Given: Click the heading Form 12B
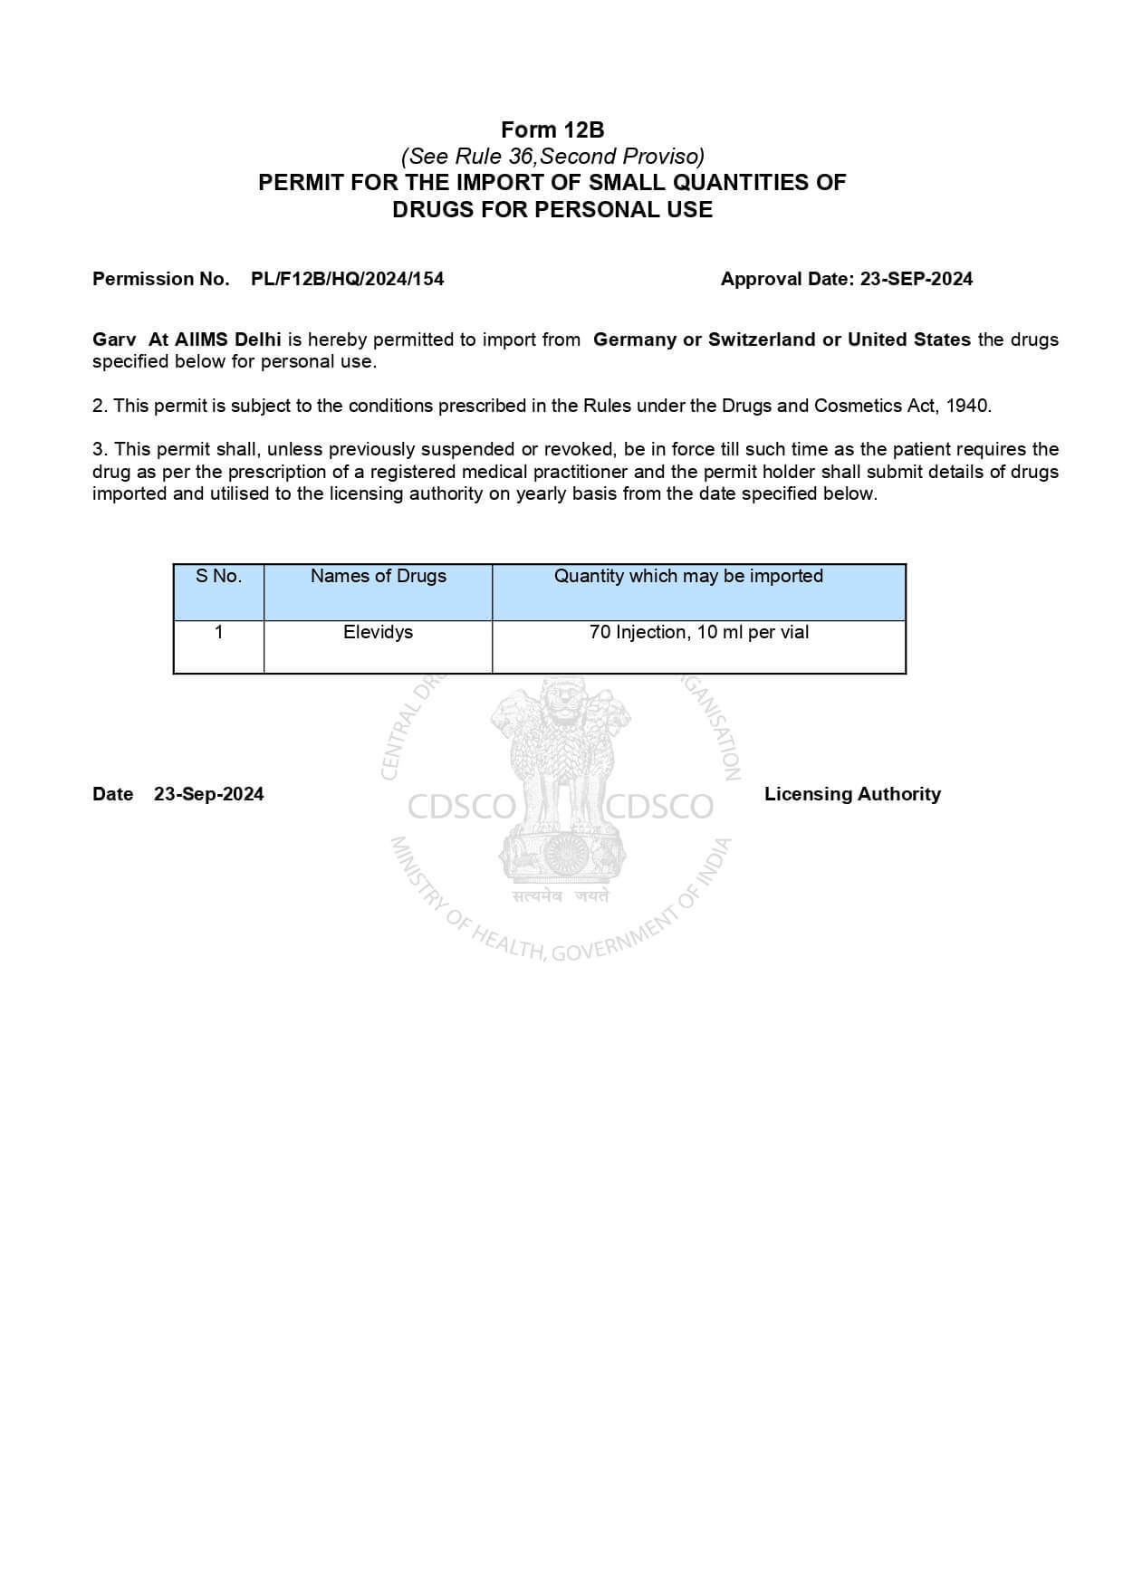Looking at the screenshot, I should click(x=552, y=130).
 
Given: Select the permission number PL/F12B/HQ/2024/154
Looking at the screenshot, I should click(x=347, y=279).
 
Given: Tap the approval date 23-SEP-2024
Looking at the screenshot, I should click(x=916, y=279).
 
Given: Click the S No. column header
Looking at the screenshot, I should click(x=218, y=576).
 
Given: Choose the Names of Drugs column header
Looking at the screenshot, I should click(x=378, y=576).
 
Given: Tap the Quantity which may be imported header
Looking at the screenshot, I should click(x=688, y=576).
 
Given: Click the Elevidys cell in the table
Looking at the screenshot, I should click(x=378, y=632).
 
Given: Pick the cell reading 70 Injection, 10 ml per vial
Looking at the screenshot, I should click(x=698, y=632).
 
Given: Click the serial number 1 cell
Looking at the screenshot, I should click(x=218, y=632).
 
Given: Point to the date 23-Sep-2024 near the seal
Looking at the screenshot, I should click(x=208, y=794).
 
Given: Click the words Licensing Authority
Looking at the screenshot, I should click(x=852, y=794).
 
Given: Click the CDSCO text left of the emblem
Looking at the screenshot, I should click(x=461, y=806).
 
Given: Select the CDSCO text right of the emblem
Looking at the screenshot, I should click(x=658, y=806).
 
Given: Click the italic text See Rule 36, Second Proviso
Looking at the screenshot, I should click(x=552, y=157).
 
